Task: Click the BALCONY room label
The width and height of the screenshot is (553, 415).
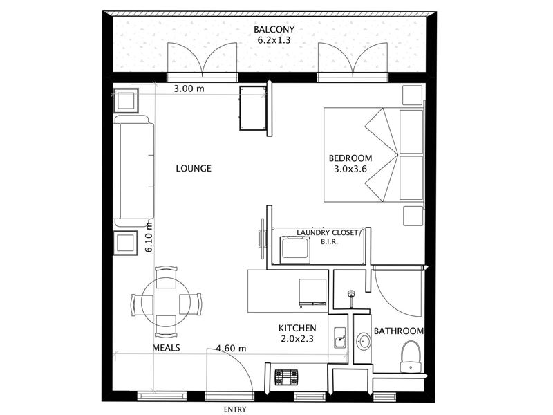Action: [274, 29]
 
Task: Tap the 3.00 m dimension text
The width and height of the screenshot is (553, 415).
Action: [189, 89]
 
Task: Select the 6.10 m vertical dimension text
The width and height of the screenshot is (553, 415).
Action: [149, 237]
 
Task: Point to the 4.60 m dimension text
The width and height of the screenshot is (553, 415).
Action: [231, 349]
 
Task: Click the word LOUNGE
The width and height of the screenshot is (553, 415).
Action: [194, 168]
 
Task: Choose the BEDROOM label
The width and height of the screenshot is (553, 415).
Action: [350, 158]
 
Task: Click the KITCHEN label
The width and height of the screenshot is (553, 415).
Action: [297, 328]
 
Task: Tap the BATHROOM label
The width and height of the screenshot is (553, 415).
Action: [399, 331]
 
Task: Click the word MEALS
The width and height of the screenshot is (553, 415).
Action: [166, 348]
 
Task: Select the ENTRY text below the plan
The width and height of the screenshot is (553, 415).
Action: [235, 409]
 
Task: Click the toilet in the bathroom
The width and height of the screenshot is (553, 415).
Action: [411, 356]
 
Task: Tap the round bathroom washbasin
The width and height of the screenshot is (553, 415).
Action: [363, 341]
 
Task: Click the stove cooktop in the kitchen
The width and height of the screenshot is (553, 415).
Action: [286, 377]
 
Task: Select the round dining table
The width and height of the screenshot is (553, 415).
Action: [166, 302]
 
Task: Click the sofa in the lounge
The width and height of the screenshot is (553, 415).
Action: [133, 171]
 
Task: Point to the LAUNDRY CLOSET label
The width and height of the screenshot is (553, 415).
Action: [329, 233]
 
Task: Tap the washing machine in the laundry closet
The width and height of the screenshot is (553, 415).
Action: [295, 250]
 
